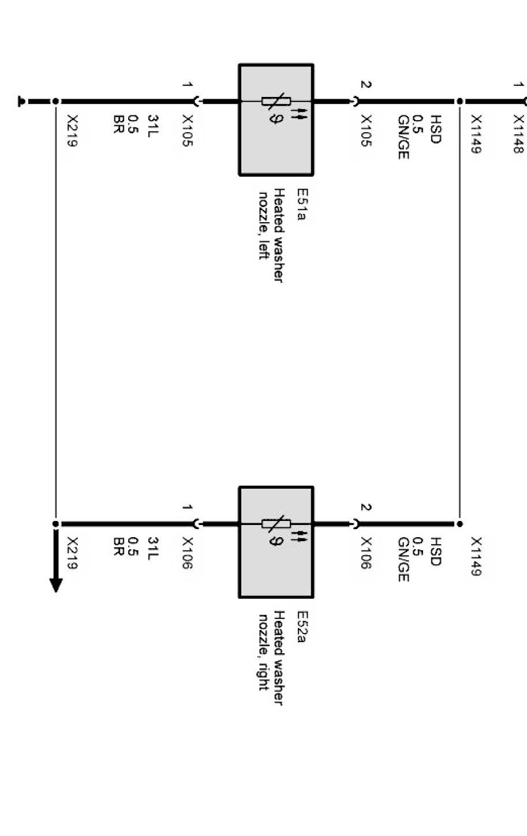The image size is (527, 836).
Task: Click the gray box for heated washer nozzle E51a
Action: [276, 144]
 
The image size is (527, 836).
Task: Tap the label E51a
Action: [301, 204]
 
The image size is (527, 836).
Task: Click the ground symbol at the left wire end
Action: [23, 102]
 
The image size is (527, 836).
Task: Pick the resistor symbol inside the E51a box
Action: [276, 102]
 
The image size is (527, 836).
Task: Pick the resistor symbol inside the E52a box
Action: [276, 524]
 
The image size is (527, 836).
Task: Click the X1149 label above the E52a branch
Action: [476, 557]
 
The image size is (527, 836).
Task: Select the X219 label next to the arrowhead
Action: [72, 553]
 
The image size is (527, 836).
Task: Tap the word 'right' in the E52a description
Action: [263, 675]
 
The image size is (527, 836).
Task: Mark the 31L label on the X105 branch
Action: [152, 125]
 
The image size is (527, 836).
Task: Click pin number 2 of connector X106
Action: [365, 507]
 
